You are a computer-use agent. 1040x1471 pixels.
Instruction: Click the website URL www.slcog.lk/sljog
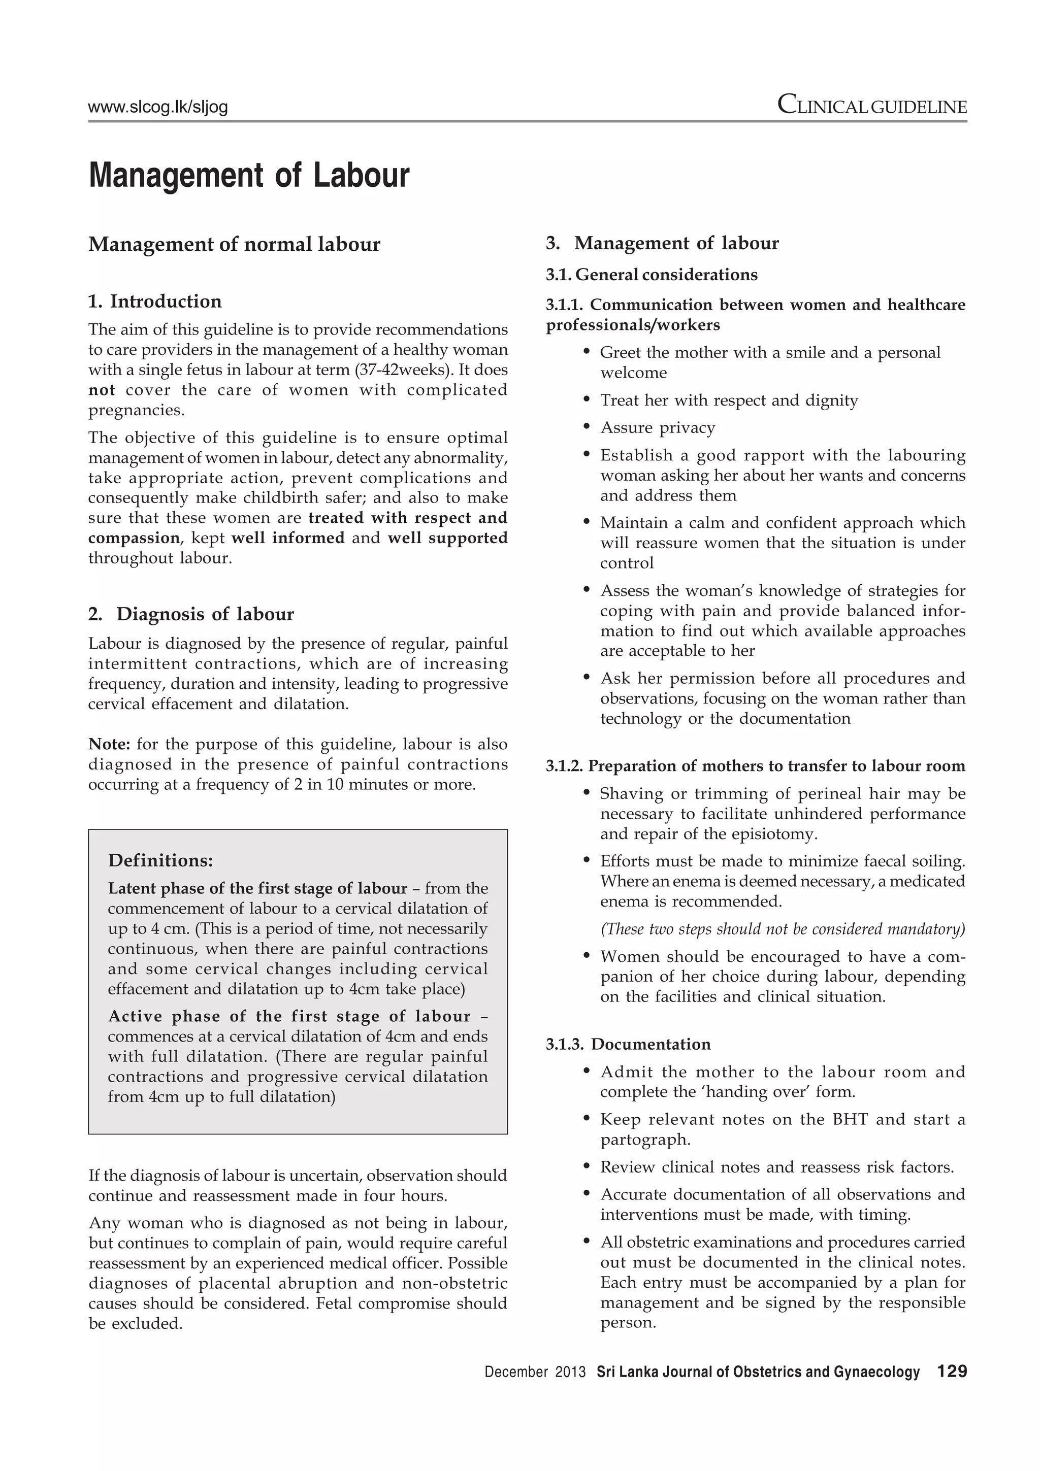pyautogui.click(x=157, y=107)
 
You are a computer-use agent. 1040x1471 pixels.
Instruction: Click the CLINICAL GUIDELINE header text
pyautogui.click(x=871, y=105)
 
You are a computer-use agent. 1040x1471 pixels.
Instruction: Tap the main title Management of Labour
pyautogui.click(x=249, y=176)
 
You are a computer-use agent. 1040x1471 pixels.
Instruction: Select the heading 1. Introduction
pyautogui.click(x=154, y=301)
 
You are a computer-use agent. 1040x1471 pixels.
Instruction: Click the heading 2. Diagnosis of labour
pyautogui.click(x=191, y=614)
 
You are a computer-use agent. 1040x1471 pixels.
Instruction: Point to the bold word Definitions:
pyautogui.click(x=160, y=860)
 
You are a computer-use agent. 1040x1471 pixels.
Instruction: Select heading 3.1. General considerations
pyautogui.click(x=651, y=275)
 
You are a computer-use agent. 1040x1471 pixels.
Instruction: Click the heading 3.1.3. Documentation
pyautogui.click(x=628, y=1044)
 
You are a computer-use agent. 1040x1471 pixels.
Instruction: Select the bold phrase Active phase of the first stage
pyautogui.click(x=288, y=1017)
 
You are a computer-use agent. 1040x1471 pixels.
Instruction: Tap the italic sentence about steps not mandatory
pyautogui.click(x=782, y=929)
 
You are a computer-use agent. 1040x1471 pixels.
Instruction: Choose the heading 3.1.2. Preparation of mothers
pyautogui.click(x=755, y=766)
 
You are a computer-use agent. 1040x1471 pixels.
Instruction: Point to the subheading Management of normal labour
pyautogui.click(x=234, y=244)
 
